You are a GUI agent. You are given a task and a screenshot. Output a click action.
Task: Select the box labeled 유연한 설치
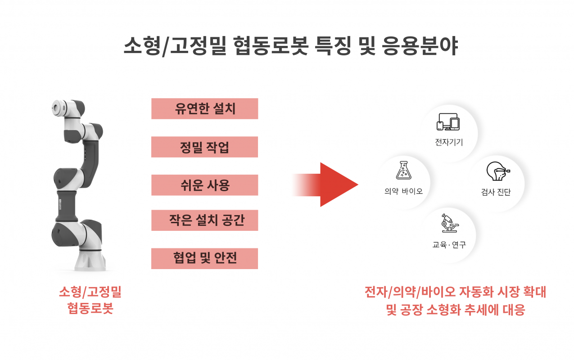tap(204, 109)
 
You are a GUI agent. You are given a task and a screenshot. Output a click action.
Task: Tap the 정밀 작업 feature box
tap(204, 147)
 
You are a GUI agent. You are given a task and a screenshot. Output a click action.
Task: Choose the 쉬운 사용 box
tap(204, 185)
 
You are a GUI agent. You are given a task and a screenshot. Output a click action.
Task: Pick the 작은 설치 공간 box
tap(204, 220)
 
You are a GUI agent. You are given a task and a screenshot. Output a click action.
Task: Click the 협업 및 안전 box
tap(204, 258)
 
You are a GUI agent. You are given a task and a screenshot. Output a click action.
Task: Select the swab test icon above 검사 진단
tap(496, 171)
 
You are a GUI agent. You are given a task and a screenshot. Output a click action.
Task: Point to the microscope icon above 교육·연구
tap(449, 224)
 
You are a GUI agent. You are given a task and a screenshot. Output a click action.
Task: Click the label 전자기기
tap(449, 143)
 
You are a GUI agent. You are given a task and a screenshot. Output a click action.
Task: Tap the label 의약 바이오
tap(404, 191)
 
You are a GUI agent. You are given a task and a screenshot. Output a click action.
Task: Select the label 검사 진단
tap(496, 192)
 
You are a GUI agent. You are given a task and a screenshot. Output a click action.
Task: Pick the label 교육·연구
tap(449, 245)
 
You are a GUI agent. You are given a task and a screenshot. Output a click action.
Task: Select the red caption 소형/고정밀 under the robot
tap(90, 292)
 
